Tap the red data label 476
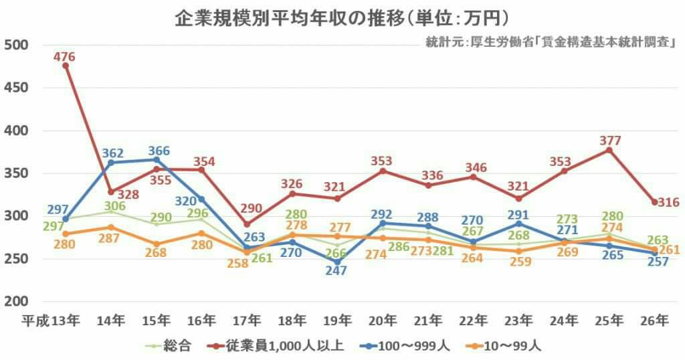point(65,57)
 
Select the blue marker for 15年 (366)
point(156,160)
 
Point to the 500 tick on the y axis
point(15,45)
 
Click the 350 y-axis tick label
point(15,173)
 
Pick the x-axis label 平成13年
point(52,321)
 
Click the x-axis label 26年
point(655,321)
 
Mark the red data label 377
point(610,141)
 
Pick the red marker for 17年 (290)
point(247,224)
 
